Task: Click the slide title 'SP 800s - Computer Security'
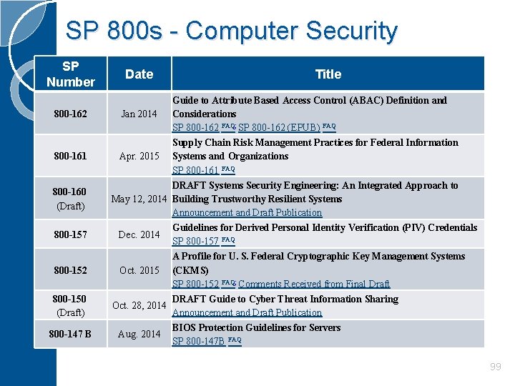[231, 31]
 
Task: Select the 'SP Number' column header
[70, 74]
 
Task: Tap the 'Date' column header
[139, 74]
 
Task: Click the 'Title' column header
[328, 74]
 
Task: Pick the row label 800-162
[70, 114]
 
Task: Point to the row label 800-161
[70, 156]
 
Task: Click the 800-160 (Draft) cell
[70, 199]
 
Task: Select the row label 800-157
[70, 234]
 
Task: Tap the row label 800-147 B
[70, 334]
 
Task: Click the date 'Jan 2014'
[139, 114]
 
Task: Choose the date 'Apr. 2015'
[139, 156]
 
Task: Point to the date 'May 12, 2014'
[140, 199]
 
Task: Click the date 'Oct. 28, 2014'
[139, 306]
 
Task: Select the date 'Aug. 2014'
[139, 334]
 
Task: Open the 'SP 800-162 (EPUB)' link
[279, 128]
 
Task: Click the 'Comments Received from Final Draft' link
[314, 284]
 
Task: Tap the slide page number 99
[495, 367]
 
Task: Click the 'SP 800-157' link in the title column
[195, 242]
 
